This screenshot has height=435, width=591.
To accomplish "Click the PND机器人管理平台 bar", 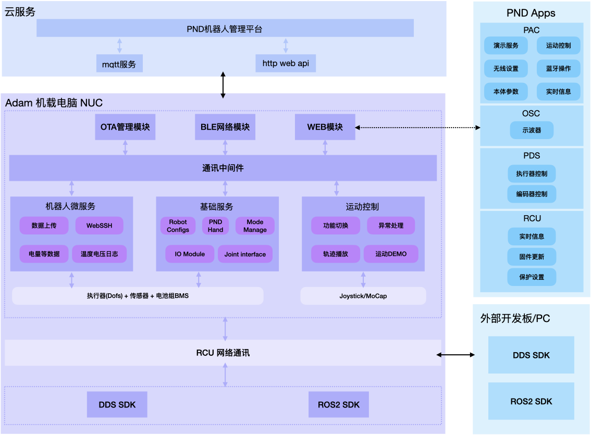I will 225,29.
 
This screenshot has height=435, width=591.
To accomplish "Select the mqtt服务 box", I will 119,64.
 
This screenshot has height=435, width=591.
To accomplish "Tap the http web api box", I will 286,63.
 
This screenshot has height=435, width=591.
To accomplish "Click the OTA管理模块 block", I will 125,127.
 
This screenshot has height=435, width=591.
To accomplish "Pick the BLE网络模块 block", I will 225,127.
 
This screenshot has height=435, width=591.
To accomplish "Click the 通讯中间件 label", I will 223,168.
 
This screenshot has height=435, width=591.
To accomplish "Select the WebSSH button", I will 99,226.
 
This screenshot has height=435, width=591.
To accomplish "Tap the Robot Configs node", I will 178,226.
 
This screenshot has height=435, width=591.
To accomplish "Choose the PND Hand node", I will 215,226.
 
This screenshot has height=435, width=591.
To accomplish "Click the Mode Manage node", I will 255,226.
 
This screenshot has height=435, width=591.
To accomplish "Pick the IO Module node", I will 190,254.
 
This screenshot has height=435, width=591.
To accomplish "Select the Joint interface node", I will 245,254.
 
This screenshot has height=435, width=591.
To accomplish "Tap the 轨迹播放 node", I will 336,254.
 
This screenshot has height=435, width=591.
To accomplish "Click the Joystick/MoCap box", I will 363,296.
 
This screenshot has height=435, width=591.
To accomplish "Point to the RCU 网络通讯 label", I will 223,353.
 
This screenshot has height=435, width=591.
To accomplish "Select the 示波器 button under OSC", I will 532,130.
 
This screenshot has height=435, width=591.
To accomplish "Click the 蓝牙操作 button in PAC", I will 558,68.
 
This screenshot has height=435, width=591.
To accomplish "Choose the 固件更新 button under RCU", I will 532,256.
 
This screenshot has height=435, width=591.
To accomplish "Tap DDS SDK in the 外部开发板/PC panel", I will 531,355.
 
